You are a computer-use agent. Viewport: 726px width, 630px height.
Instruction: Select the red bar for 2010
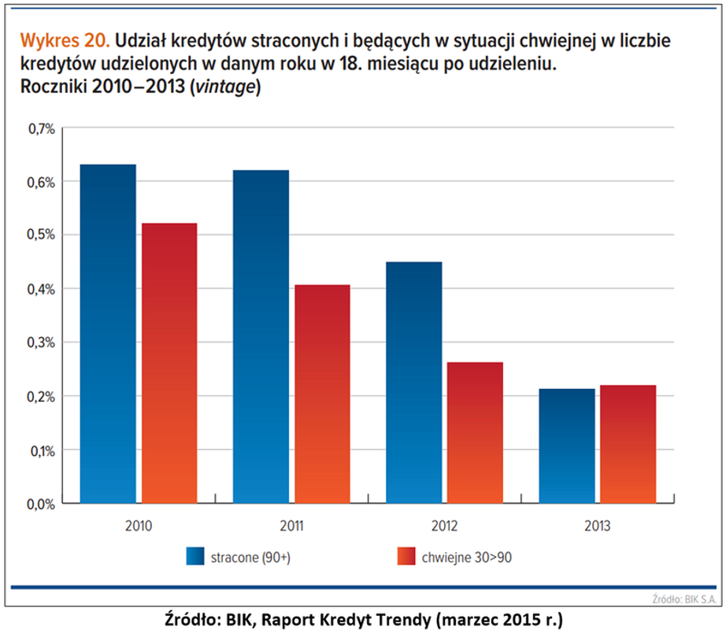169,363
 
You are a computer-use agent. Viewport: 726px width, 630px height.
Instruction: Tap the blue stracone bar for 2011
260,336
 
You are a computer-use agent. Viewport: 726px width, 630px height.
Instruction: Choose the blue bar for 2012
413,382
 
